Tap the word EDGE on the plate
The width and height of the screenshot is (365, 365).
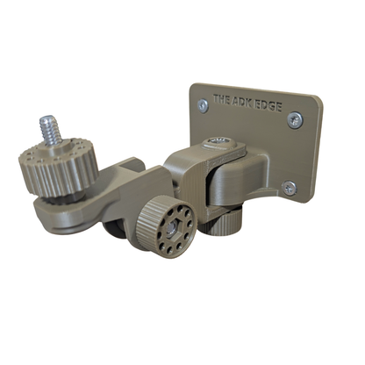tap(268, 107)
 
